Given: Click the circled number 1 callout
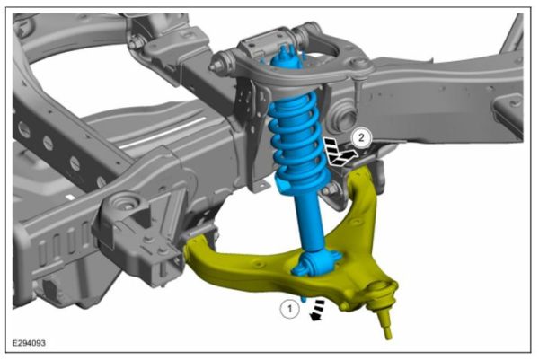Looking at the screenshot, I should tap(288, 308).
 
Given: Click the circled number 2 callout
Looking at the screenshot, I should tap(361, 138).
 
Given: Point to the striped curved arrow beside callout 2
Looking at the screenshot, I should tap(339, 154).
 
